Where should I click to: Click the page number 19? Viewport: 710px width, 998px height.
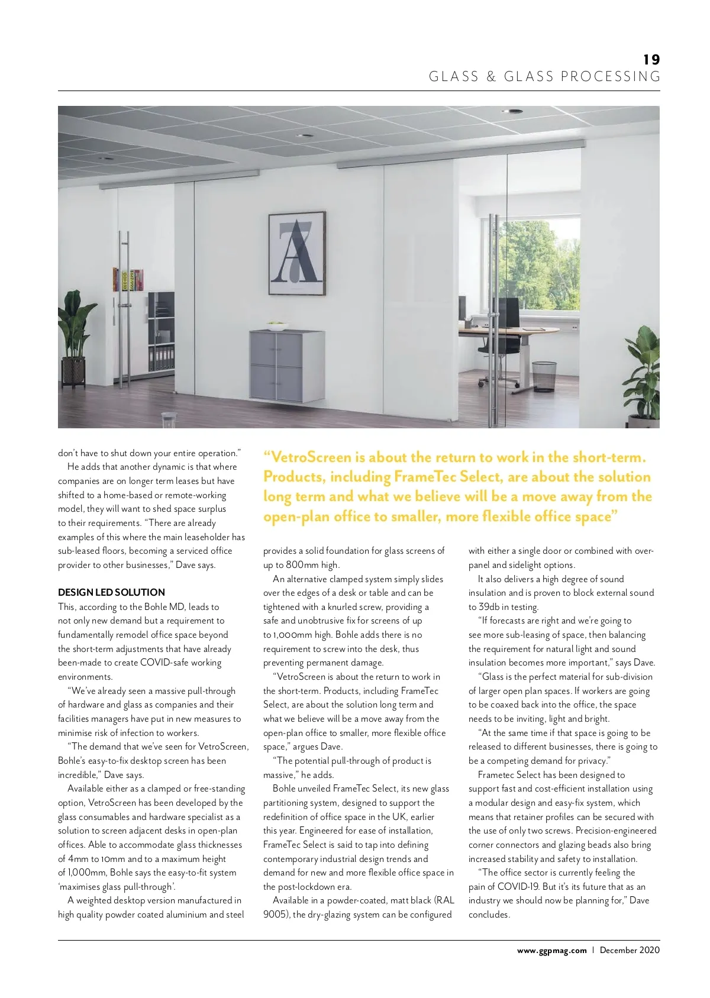click(x=651, y=60)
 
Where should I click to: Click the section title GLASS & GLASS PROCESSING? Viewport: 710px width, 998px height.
click(x=544, y=77)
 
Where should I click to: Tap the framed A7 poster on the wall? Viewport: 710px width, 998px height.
click(x=297, y=254)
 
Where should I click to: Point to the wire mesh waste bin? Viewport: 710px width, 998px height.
click(x=544, y=376)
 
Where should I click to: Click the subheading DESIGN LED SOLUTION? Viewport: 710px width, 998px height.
click(x=111, y=592)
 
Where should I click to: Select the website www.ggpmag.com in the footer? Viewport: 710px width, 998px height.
click(x=551, y=950)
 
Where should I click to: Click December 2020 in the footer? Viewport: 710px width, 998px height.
click(x=629, y=950)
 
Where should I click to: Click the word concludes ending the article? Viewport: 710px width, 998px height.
click(x=488, y=915)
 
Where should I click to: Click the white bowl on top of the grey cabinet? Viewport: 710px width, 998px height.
click(x=275, y=324)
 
